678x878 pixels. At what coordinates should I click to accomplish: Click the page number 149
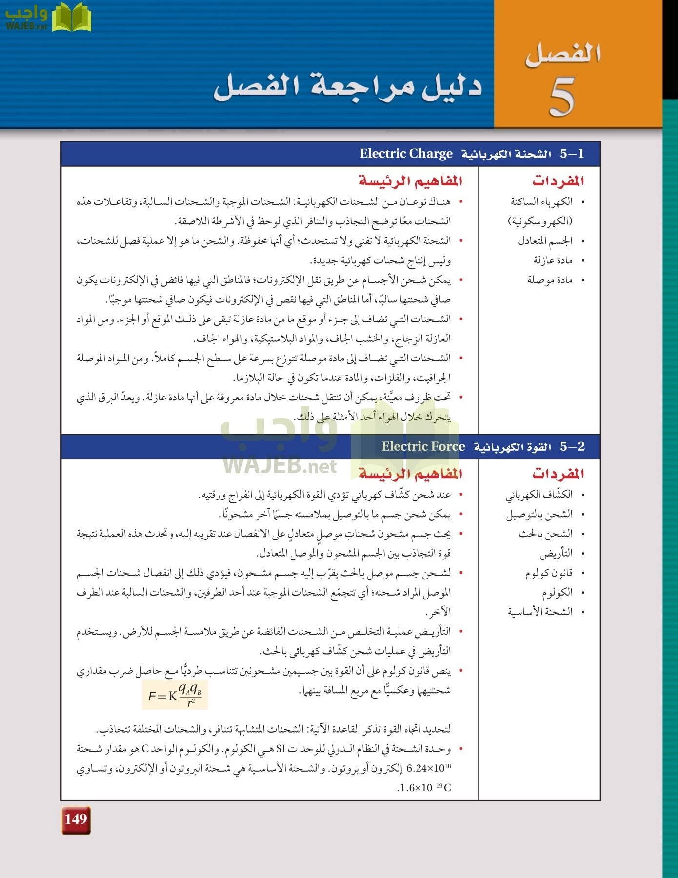coord(76,819)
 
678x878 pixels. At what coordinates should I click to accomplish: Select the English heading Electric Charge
coord(406,154)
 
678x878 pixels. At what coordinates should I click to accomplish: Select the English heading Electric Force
coord(423,446)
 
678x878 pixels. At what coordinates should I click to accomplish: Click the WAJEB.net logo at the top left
coord(47,17)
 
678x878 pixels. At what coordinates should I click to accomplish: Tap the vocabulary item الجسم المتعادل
coord(545,241)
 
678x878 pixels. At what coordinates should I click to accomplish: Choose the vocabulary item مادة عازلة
coord(552,260)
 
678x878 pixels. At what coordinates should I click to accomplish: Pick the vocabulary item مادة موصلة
coord(550,280)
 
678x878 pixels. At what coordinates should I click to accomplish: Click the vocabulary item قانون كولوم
coord(548,573)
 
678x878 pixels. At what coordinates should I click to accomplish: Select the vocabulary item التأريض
coord(556,553)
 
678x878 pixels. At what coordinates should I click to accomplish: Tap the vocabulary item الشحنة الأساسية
coord(540,612)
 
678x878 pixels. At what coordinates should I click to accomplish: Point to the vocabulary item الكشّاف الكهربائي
coord(538,495)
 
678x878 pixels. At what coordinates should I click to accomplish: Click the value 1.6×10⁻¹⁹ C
coord(424,788)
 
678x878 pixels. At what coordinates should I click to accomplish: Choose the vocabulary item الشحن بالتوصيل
coord(539,514)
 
